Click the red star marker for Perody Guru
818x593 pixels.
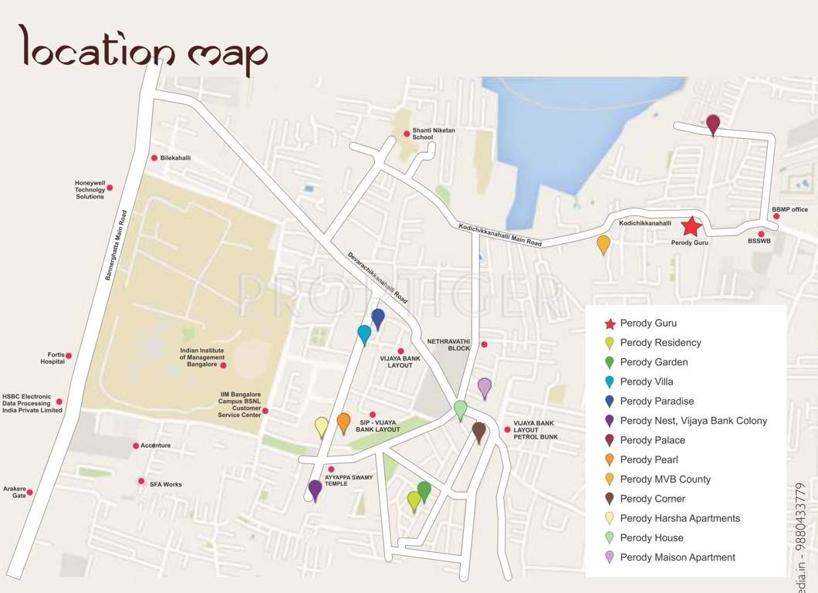pyautogui.click(x=691, y=226)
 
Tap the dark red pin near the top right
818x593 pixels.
pyautogui.click(x=713, y=124)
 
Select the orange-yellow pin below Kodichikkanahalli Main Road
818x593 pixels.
pyautogui.click(x=603, y=244)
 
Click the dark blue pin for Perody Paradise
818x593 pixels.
pyautogui.click(x=378, y=317)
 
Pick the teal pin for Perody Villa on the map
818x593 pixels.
pyautogui.click(x=364, y=334)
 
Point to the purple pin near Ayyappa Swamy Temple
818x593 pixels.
pyautogui.click(x=315, y=489)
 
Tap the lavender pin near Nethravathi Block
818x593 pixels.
pyautogui.click(x=484, y=387)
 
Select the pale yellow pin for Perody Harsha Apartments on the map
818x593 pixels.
pyautogui.click(x=322, y=425)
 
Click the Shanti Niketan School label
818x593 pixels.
pyautogui.click(x=434, y=134)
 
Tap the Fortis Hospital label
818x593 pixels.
pyautogui.click(x=52, y=358)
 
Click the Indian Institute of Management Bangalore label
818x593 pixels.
pyautogui.click(x=202, y=357)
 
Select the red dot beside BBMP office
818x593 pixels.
pyautogui.click(x=777, y=216)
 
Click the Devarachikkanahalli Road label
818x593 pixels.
pyautogui.click(x=377, y=276)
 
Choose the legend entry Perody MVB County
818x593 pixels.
pyautogui.click(x=664, y=479)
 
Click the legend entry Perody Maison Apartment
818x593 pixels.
pyautogui.click(x=677, y=557)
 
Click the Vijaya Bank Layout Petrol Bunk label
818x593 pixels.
pyautogui.click(x=535, y=430)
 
